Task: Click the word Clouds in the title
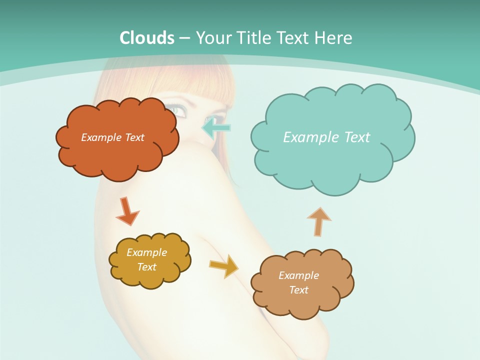click(147, 38)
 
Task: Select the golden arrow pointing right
click(224, 265)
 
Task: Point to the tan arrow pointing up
click(318, 221)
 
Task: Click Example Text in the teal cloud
click(326, 137)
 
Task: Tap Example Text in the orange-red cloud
click(112, 137)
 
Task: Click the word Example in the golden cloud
click(146, 252)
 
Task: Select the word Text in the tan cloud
click(298, 290)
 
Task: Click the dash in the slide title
click(184, 38)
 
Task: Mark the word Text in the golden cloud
click(146, 267)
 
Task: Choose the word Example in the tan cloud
click(298, 275)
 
